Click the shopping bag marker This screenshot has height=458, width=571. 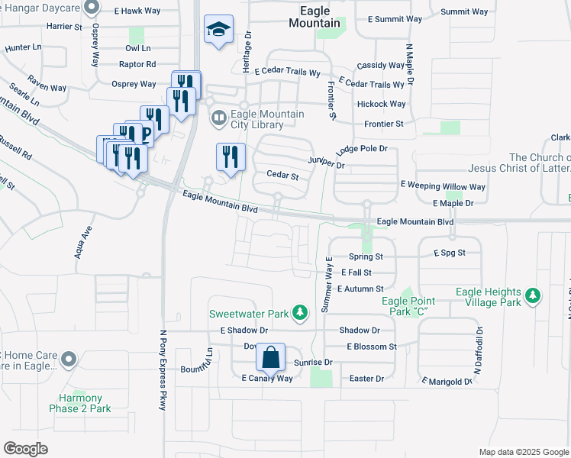(x=271, y=356)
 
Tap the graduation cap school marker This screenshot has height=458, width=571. (x=218, y=31)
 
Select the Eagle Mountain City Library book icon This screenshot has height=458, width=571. (x=218, y=118)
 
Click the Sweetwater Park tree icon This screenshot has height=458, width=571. (x=301, y=313)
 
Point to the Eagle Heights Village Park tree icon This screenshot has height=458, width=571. (x=534, y=295)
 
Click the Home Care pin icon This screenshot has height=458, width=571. (x=69, y=358)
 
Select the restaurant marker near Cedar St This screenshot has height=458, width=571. (x=230, y=157)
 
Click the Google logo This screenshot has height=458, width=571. (x=25, y=449)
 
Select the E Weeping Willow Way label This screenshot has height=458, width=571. (x=443, y=186)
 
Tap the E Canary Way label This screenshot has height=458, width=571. (x=267, y=379)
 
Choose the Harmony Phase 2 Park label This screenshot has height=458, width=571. (x=85, y=403)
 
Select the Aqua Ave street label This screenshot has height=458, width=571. (x=83, y=241)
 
